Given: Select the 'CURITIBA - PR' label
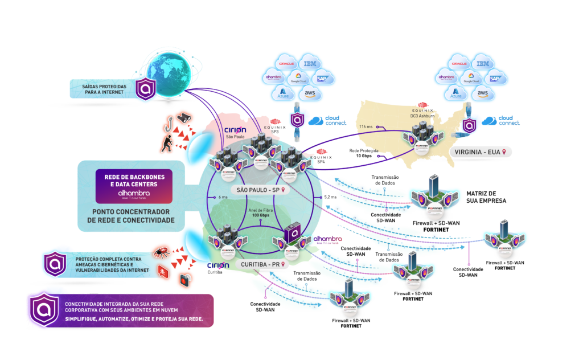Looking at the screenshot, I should [x=259, y=265].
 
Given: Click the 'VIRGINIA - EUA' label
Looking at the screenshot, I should [x=478, y=152].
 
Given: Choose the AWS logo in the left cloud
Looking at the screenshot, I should [x=310, y=93].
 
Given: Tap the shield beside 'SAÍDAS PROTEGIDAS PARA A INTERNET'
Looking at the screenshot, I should [x=146, y=89].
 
